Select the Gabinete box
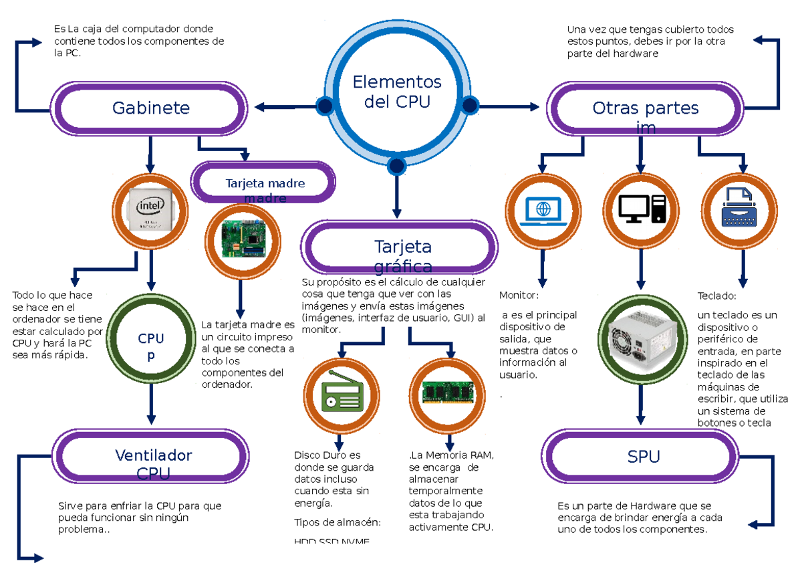click(x=150, y=108)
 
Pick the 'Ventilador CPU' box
click(x=153, y=457)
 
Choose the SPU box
click(x=643, y=457)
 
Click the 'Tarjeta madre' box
click(x=264, y=183)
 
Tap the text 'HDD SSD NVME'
click(x=331, y=541)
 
